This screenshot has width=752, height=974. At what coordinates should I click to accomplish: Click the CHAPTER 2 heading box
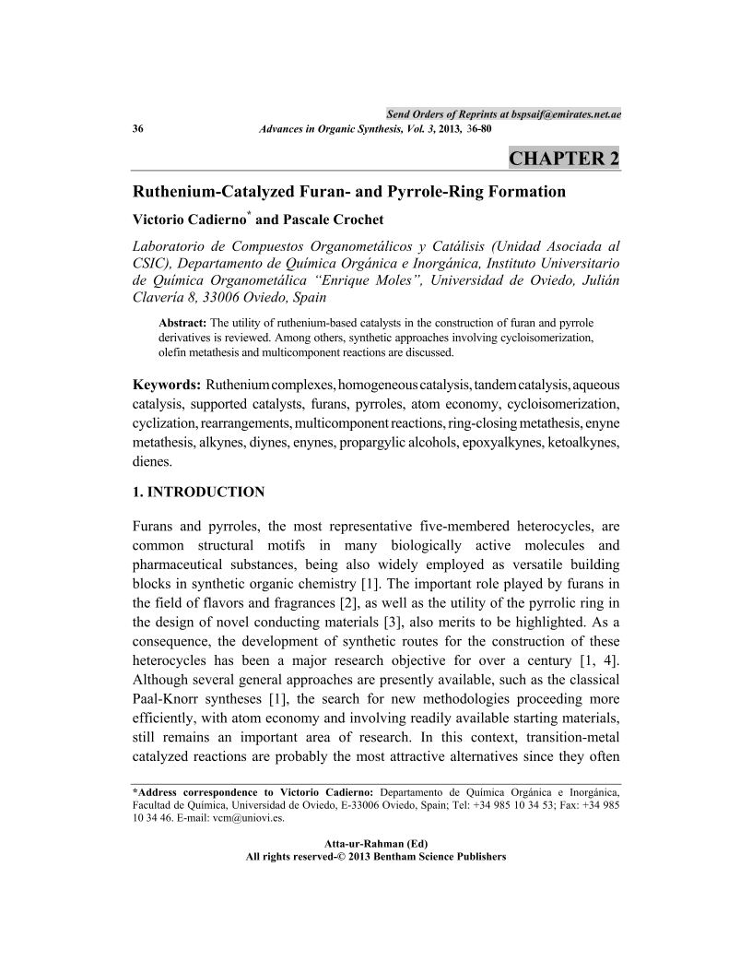(564, 158)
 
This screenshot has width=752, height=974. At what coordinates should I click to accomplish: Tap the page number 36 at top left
(139, 129)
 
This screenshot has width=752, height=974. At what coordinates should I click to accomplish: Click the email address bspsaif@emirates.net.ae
(566, 113)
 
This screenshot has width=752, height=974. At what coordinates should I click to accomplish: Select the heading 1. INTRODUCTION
(199, 491)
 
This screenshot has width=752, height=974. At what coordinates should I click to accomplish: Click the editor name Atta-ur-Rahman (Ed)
(376, 843)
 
